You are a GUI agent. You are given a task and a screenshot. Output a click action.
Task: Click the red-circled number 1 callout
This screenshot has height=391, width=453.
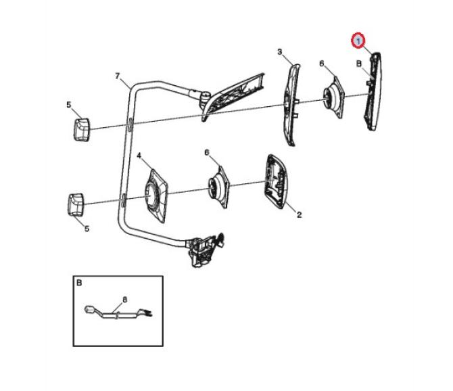click(358, 40)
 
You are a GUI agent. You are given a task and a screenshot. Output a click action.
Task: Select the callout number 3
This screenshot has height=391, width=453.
click(280, 52)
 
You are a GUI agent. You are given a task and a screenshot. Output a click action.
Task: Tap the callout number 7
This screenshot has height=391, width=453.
click(117, 76)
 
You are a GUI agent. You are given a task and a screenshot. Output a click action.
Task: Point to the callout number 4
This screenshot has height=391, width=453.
click(139, 156)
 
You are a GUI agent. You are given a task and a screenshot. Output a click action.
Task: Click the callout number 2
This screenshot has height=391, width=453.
click(300, 214)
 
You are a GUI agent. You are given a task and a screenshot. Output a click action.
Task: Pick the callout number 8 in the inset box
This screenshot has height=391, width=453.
click(125, 300)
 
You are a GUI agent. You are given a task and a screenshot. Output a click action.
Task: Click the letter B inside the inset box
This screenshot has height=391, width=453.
click(79, 283)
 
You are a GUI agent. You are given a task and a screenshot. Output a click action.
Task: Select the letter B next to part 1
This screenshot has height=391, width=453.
click(359, 64)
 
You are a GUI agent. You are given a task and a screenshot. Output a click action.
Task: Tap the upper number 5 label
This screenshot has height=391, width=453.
click(69, 105)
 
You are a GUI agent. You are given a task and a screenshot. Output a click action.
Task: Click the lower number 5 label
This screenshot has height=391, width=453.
click(87, 229)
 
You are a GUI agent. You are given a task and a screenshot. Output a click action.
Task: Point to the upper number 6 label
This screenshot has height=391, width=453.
click(322, 64)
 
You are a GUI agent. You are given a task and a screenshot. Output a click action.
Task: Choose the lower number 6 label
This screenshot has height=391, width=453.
click(207, 152)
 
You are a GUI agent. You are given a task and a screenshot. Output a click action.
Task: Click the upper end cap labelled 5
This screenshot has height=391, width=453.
click(82, 129)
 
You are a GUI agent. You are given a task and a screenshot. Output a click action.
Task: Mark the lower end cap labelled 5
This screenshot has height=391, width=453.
click(76, 204)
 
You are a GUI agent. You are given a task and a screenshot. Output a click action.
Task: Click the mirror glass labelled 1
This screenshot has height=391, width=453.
click(374, 91)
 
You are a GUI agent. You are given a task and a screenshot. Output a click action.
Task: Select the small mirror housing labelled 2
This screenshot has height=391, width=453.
click(277, 181)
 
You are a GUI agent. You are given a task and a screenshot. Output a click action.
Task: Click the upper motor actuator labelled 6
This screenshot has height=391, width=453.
click(334, 97)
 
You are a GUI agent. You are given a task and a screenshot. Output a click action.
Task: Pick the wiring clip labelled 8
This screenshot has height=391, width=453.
click(118, 313)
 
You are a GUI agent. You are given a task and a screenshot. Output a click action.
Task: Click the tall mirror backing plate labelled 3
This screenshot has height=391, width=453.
click(292, 105)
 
